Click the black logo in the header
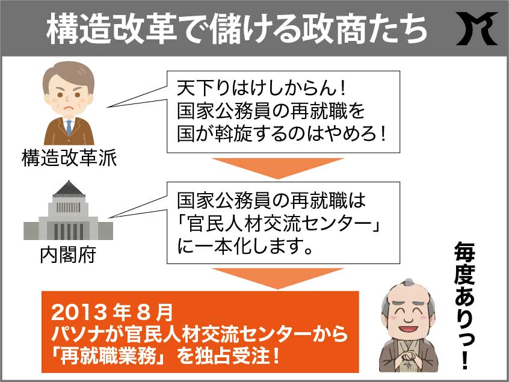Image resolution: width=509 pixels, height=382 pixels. click(x=477, y=28)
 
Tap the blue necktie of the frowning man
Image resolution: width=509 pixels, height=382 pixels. click(x=69, y=127)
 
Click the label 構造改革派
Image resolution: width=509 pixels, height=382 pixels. click(x=69, y=158)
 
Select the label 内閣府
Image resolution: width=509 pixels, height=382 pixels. click(x=68, y=255)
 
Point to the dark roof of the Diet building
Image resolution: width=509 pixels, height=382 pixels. click(x=69, y=188)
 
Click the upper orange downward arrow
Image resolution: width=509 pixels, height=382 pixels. click(x=278, y=168)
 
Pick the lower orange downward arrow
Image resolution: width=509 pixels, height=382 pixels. click(x=278, y=278)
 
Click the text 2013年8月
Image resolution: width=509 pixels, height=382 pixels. click(x=112, y=312)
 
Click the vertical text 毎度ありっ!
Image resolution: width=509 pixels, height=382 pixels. click(x=465, y=306)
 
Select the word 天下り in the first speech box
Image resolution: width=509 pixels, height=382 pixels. click(x=204, y=88)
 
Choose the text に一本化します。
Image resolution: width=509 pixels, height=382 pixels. click(x=245, y=247)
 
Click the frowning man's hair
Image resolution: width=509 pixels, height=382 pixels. click(x=69, y=73)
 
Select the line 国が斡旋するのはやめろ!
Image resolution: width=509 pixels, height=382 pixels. click(x=282, y=134)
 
